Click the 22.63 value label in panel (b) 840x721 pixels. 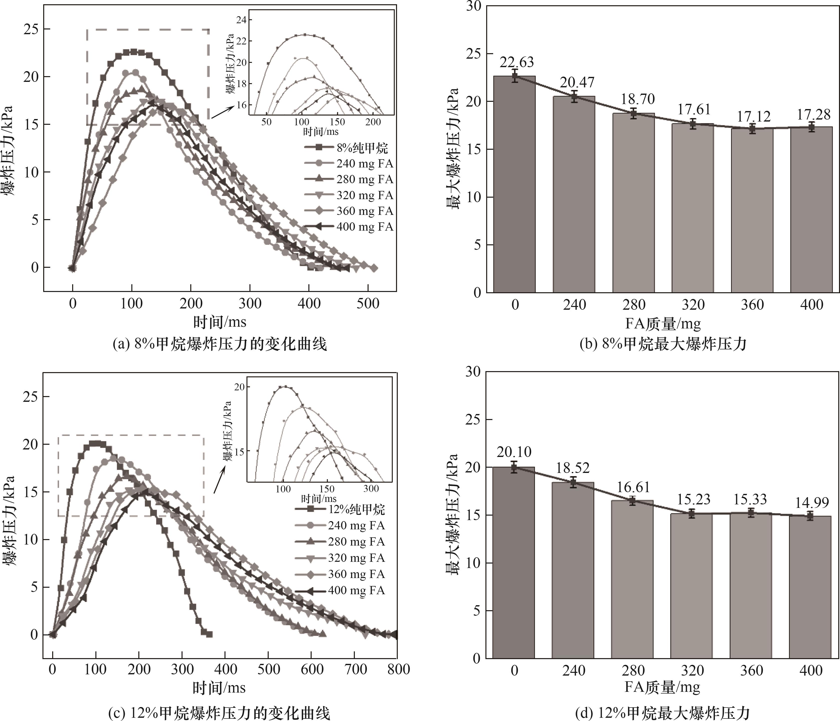(516, 62)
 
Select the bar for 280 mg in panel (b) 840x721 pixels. (633, 203)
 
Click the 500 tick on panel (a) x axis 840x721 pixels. (368, 303)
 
